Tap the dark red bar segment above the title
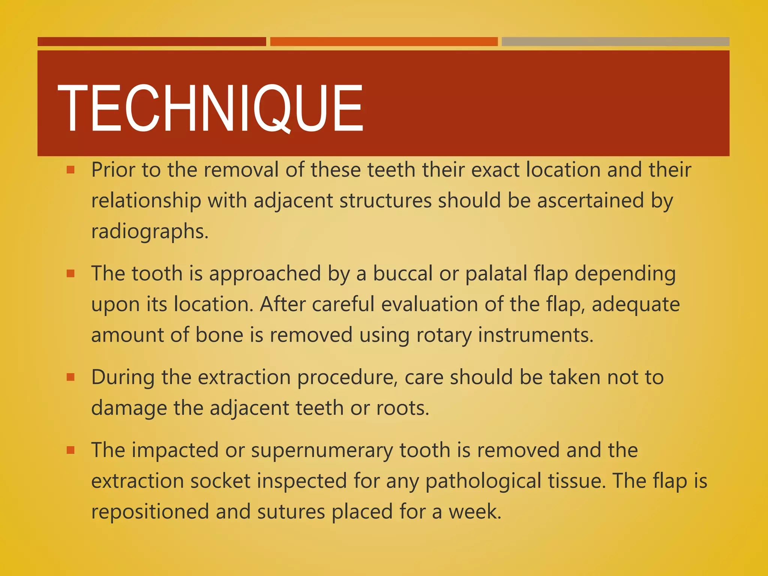pyautogui.click(x=151, y=42)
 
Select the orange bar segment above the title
pyautogui.click(x=384, y=42)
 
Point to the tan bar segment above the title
pyautogui.click(x=615, y=42)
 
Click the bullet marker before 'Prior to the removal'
pyautogui.click(x=70, y=170)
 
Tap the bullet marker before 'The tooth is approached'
pyautogui.click(x=70, y=274)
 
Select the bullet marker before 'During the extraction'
pyautogui.click(x=70, y=377)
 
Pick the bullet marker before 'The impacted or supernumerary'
pyautogui.click(x=70, y=450)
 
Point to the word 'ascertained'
pyautogui.click(x=590, y=200)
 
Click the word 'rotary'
pyautogui.click(x=444, y=335)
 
